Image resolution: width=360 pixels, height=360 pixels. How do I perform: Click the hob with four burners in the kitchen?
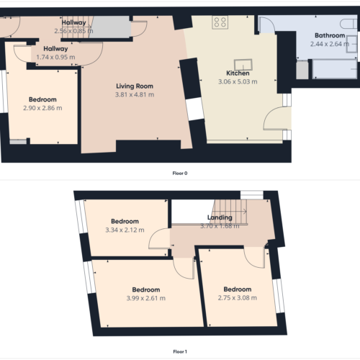(x=220, y=22)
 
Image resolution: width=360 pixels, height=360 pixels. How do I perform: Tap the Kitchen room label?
(x=238, y=73)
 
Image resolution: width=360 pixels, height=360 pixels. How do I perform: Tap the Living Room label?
(x=135, y=86)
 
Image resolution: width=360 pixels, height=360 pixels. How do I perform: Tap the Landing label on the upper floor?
(x=220, y=217)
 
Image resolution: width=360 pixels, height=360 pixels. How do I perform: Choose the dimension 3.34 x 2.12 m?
(x=125, y=230)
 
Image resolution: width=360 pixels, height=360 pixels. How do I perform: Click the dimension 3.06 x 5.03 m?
(x=238, y=81)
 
